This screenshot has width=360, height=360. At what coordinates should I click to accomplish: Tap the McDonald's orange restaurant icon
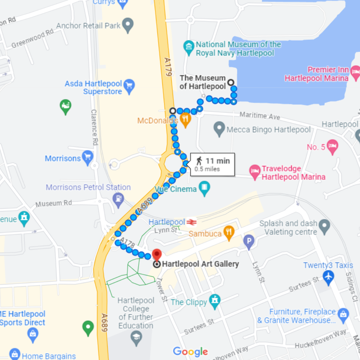(x=185, y=119)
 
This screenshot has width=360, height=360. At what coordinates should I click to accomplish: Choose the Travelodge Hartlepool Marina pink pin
(x=255, y=172)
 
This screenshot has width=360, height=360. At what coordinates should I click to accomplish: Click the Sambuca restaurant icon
(x=228, y=233)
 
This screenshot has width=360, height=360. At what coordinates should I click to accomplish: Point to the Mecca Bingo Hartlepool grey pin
(x=219, y=128)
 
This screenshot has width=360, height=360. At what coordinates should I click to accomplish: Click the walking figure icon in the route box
(x=199, y=161)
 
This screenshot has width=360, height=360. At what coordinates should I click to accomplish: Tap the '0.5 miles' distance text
(x=207, y=169)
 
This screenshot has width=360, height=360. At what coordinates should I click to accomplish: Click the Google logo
(x=190, y=351)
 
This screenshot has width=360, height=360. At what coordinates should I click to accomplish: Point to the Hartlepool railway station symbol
(x=191, y=222)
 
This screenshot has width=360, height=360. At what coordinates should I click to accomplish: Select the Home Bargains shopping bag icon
(x=15, y=355)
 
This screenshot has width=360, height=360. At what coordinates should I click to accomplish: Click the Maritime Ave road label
(x=260, y=116)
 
